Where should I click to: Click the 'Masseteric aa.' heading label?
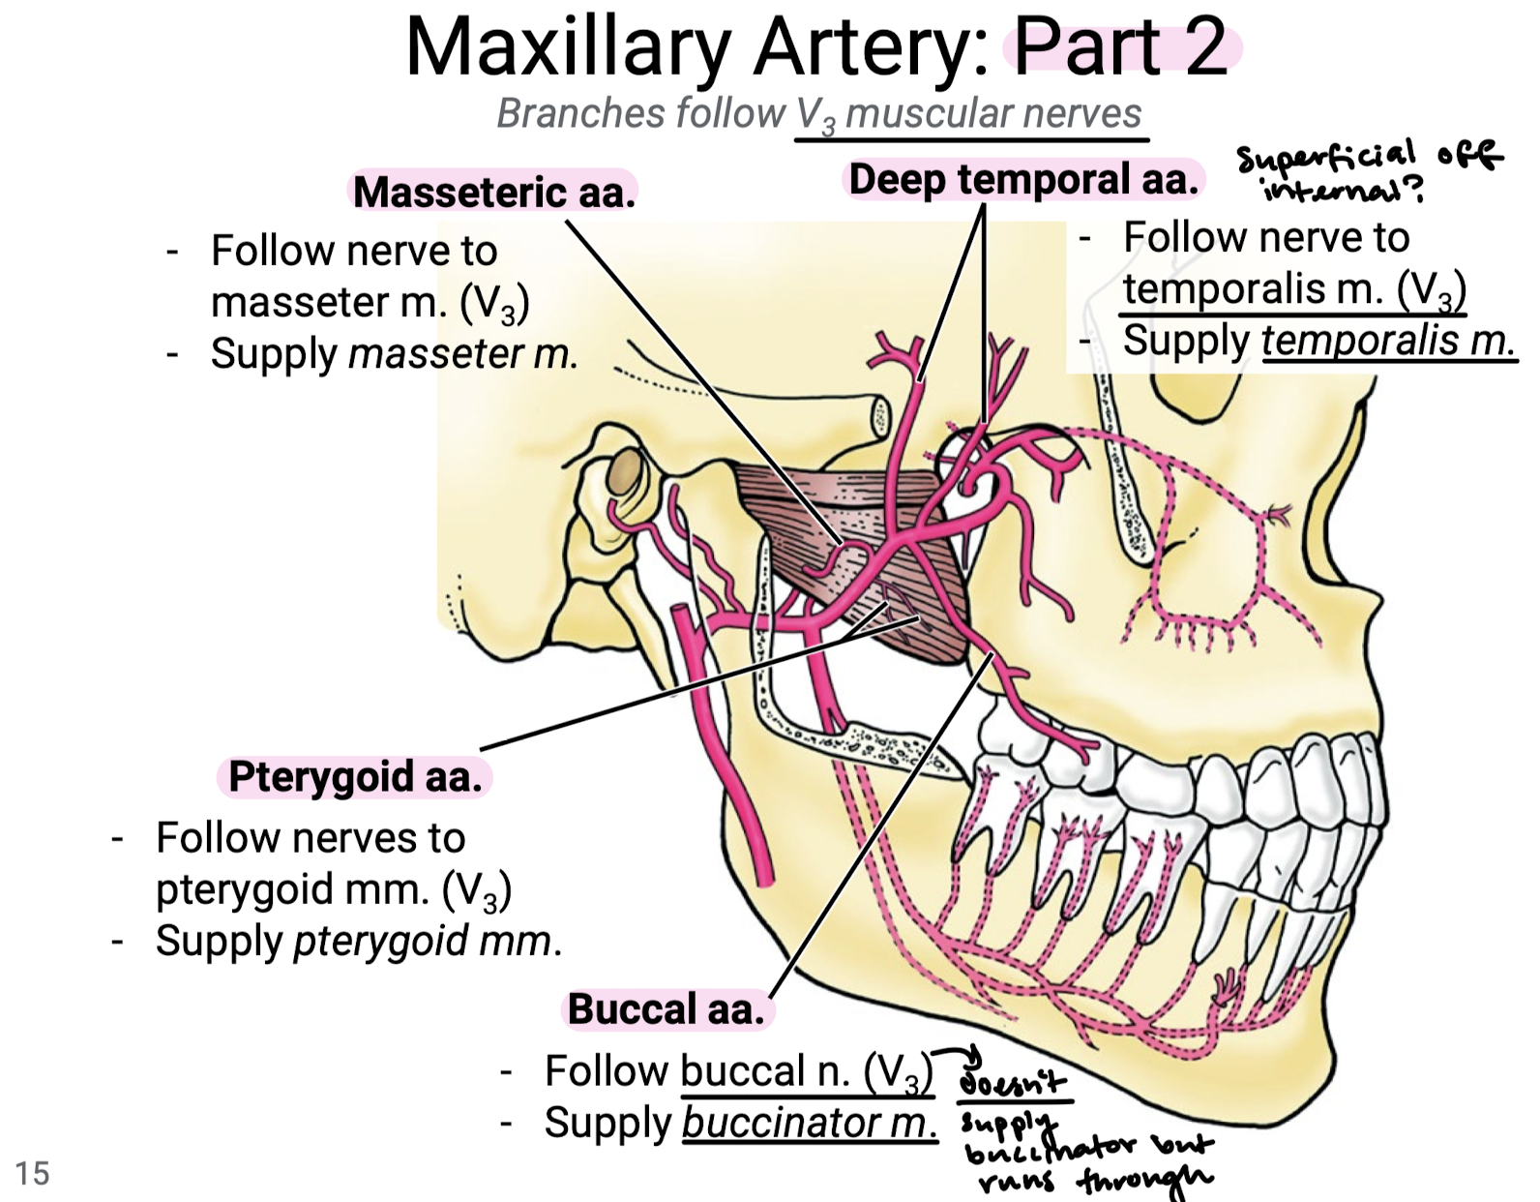(493, 192)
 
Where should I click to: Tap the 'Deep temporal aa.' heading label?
(1023, 180)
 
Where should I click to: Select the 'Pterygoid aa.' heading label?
(355, 776)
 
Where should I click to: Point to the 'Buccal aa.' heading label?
(666, 1008)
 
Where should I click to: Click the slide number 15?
(32, 1173)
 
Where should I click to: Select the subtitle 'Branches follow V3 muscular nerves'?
(818, 114)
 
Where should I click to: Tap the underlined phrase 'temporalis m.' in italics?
(1387, 341)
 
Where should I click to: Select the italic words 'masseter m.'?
(462, 353)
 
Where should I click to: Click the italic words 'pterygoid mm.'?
(426, 941)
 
